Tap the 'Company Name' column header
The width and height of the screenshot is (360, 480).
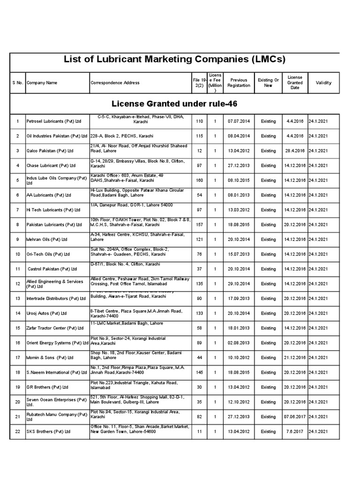(42, 83)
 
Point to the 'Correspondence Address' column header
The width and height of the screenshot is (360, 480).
(115, 83)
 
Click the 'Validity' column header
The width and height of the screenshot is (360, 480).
(323, 83)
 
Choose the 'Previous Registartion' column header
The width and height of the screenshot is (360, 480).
(239, 83)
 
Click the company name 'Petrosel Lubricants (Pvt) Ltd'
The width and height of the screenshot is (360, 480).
(54, 121)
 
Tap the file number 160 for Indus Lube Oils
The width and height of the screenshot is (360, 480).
(199, 180)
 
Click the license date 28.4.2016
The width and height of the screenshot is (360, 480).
(295, 151)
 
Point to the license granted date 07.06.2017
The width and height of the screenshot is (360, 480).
(295, 417)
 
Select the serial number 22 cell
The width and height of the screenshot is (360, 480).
(18, 431)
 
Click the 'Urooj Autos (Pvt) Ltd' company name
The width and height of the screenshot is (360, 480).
(47, 313)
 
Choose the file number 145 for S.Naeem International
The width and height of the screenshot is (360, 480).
(199, 373)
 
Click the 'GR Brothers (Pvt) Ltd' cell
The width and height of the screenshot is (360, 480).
(47, 387)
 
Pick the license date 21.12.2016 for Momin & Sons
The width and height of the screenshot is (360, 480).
(295, 358)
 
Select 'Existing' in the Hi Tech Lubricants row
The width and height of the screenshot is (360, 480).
(269, 210)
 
